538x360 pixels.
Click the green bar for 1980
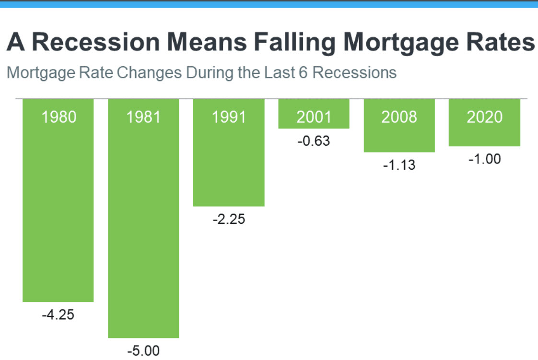point(58,200)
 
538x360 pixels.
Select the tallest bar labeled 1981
point(143,219)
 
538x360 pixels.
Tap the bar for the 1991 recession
point(229,153)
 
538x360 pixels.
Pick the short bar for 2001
point(314,114)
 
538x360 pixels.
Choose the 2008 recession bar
point(399,126)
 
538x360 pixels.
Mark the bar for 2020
point(484,123)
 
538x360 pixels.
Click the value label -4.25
point(58,315)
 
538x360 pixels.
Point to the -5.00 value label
point(143,351)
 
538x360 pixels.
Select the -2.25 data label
point(229,219)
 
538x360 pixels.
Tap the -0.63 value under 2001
point(314,141)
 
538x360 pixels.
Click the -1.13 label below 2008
point(399,165)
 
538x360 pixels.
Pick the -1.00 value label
point(484,159)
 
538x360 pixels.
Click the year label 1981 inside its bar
point(143,117)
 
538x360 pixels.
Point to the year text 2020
point(484,117)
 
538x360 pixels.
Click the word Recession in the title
point(96,42)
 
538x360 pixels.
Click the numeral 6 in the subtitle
point(303,73)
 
